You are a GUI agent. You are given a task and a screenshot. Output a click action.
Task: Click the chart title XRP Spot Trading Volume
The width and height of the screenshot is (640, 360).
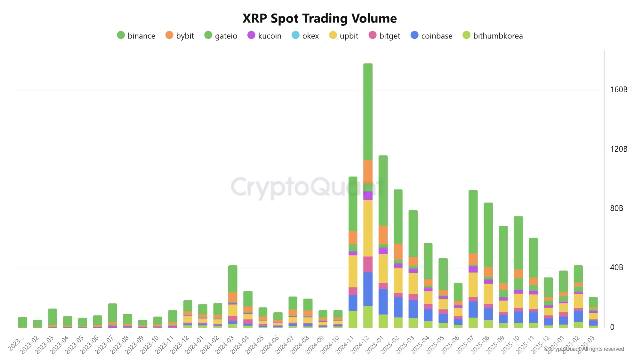pos(320,19)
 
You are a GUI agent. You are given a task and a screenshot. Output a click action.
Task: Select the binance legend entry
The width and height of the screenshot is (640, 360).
pos(136,36)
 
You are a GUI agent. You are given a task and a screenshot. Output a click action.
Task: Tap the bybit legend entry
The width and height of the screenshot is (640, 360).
pos(179,36)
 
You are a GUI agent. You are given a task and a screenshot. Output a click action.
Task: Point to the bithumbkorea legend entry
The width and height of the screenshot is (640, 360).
pos(492,36)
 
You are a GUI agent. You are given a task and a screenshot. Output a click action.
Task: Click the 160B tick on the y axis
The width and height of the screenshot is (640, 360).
pos(618,90)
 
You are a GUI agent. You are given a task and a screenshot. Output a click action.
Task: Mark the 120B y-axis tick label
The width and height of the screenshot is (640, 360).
pos(618,149)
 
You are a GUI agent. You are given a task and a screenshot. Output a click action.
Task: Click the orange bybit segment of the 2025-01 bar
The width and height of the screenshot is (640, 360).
pos(383,234)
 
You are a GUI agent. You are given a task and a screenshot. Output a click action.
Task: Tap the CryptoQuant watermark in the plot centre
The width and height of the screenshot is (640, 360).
pos(309,187)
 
